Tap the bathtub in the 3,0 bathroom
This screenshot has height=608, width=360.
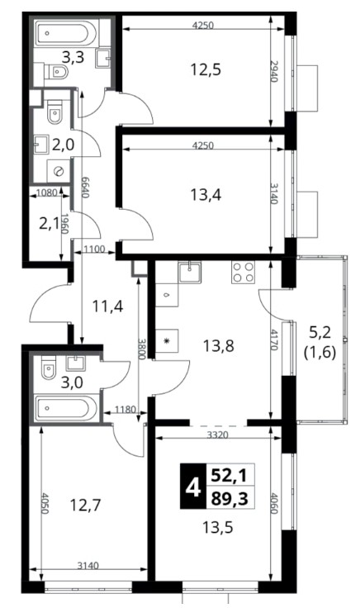(66, 408)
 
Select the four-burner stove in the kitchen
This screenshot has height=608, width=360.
(243, 273)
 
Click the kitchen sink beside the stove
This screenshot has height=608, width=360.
(189, 272)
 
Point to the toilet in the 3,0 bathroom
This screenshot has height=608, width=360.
(48, 367)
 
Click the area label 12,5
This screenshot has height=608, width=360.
(206, 70)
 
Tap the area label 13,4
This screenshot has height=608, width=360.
(206, 194)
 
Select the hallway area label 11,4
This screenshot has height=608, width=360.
(107, 306)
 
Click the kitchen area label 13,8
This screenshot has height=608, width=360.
(219, 345)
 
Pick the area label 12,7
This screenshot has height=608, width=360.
(85, 505)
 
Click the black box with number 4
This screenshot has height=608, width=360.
(192, 486)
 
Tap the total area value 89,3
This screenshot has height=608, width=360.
(229, 498)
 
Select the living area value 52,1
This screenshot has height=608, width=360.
(229, 474)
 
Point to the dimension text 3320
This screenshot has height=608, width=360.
(217, 435)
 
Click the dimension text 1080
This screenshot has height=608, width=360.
(46, 192)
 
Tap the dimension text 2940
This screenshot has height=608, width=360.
(273, 71)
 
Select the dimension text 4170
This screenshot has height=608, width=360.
(273, 340)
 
